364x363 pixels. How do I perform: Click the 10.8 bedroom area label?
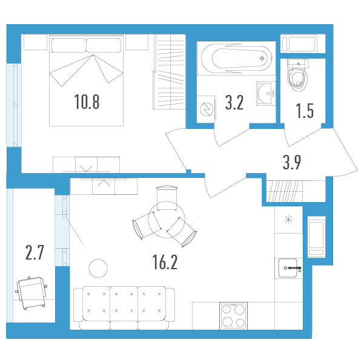(x=87, y=102)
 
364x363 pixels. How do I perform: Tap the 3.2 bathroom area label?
(x=234, y=103)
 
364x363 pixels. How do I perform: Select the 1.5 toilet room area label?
(x=305, y=111)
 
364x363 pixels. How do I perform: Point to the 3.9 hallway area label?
(x=292, y=163)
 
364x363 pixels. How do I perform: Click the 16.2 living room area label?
(x=165, y=262)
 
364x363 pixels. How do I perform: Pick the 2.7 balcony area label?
(x=35, y=253)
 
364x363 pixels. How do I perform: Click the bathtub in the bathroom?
(x=237, y=58)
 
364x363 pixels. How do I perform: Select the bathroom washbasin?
(x=266, y=93)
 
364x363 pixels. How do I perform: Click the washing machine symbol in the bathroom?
(x=206, y=110)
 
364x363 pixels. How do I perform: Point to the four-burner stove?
(x=234, y=316)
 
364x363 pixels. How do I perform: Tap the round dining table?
(x=167, y=220)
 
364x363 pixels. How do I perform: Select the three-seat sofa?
(x=124, y=308)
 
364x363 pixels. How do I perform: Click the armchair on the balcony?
(x=31, y=293)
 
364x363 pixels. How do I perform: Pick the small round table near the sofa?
(x=98, y=268)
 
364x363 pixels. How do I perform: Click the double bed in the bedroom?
(x=86, y=80)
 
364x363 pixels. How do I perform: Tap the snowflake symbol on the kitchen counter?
(x=288, y=220)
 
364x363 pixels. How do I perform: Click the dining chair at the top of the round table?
(x=167, y=198)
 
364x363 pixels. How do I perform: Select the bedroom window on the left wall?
(x=14, y=105)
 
